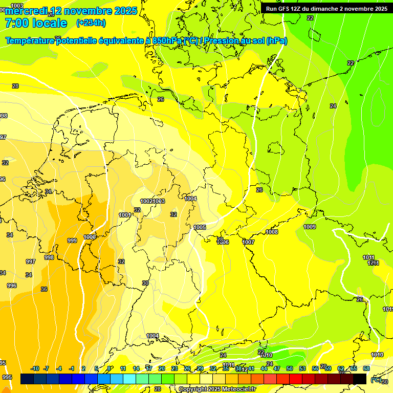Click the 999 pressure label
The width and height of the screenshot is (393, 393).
(72, 241)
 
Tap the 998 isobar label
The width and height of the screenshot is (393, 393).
(49, 257)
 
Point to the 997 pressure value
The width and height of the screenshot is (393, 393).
(31, 261)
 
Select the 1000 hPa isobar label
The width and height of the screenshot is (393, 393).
(90, 237)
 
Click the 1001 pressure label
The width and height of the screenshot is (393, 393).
(125, 215)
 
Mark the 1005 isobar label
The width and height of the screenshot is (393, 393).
(200, 227)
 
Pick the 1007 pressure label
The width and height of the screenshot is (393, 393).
(249, 242)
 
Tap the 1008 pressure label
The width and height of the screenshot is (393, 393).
(272, 232)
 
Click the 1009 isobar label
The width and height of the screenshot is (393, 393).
(310, 227)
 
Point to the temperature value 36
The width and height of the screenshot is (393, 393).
(44, 289)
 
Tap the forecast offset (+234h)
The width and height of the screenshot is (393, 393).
(91, 23)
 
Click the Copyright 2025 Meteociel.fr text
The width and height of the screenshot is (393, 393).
(217, 389)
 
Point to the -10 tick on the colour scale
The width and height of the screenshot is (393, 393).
(35, 368)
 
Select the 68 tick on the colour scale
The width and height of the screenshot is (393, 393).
(366, 368)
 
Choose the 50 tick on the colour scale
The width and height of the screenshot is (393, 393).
(290, 368)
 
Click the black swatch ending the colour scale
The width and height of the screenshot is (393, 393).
(360, 379)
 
